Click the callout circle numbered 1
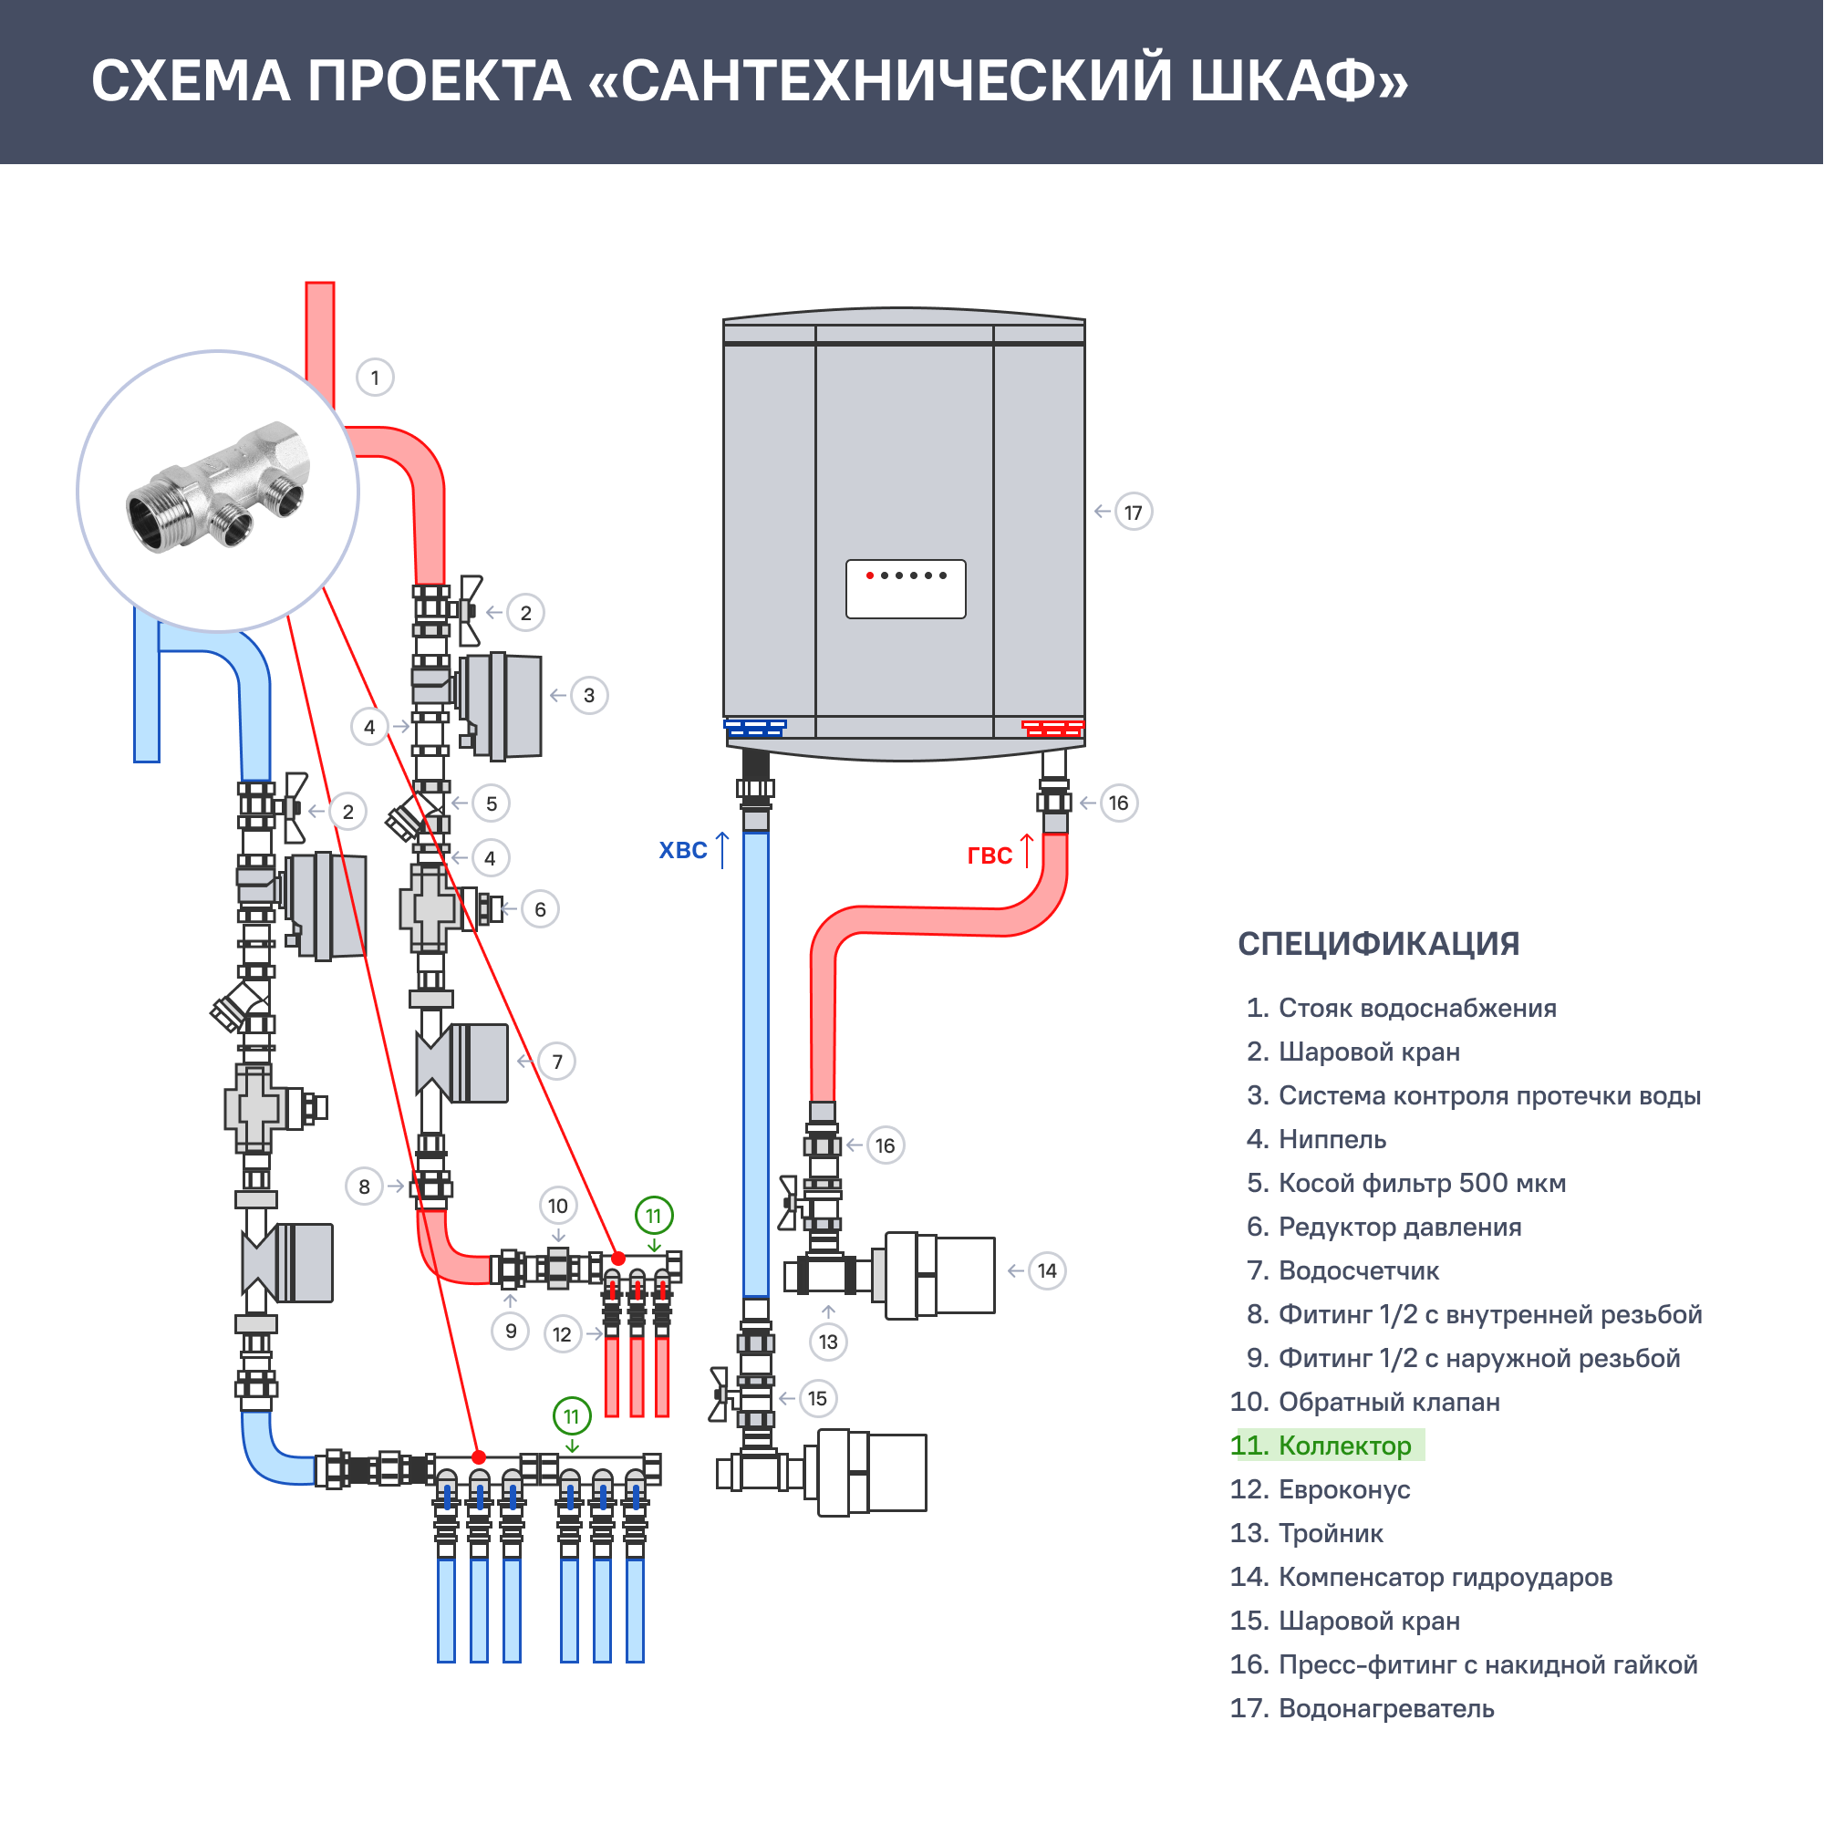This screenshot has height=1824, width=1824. [x=375, y=378]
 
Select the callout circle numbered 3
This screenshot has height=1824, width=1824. [x=589, y=696]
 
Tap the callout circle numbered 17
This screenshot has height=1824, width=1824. [x=1133, y=513]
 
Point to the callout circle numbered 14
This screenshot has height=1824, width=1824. [x=1047, y=1270]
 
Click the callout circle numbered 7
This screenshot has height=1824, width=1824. [x=557, y=1062]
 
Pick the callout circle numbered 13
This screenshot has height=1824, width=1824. [x=828, y=1342]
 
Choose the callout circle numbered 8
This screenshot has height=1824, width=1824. [x=365, y=1187]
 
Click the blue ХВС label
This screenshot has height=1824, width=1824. [x=682, y=851]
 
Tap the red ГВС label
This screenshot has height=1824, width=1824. [x=990, y=855]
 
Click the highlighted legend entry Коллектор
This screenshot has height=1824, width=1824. [x=1326, y=1446]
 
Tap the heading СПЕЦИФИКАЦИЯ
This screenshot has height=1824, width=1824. [x=1378, y=943]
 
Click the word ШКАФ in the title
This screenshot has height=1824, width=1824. [x=1298, y=80]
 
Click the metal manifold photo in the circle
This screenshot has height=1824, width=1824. [x=218, y=490]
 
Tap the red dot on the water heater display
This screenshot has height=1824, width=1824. [x=869, y=575]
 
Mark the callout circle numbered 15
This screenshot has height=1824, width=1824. [x=817, y=1398]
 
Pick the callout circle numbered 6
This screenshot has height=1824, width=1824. [x=540, y=909]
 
